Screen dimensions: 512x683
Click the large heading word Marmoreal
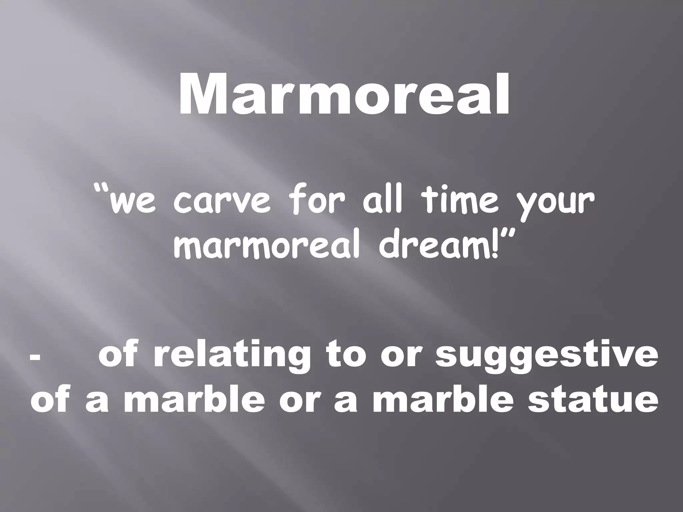pyautogui.click(x=344, y=94)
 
